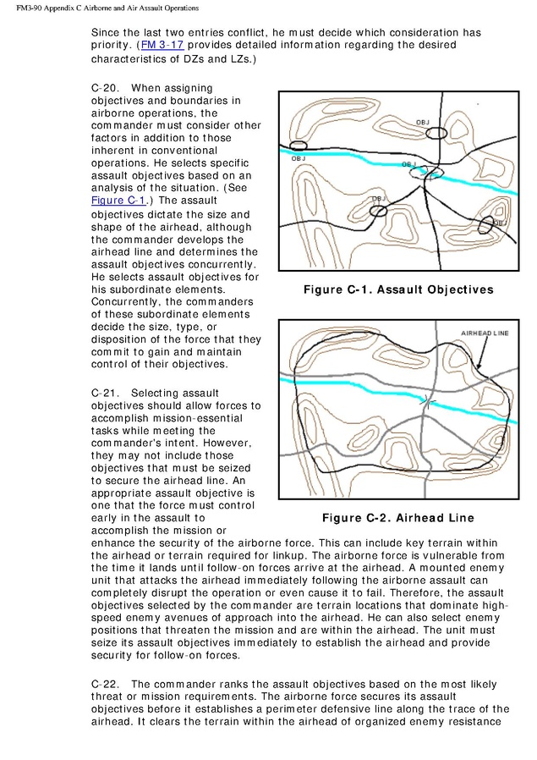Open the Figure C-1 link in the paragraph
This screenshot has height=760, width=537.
(118, 201)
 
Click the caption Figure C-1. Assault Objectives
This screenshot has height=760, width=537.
(397, 290)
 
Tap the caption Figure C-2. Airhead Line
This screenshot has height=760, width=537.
(397, 518)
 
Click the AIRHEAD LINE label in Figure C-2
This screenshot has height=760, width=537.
(485, 333)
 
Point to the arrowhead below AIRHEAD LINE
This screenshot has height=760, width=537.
(479, 366)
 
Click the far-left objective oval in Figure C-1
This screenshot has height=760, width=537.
(299, 146)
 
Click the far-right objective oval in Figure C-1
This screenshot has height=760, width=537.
(485, 224)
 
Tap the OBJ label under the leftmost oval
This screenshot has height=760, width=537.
(299, 158)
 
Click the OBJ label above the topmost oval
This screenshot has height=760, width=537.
(423, 123)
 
